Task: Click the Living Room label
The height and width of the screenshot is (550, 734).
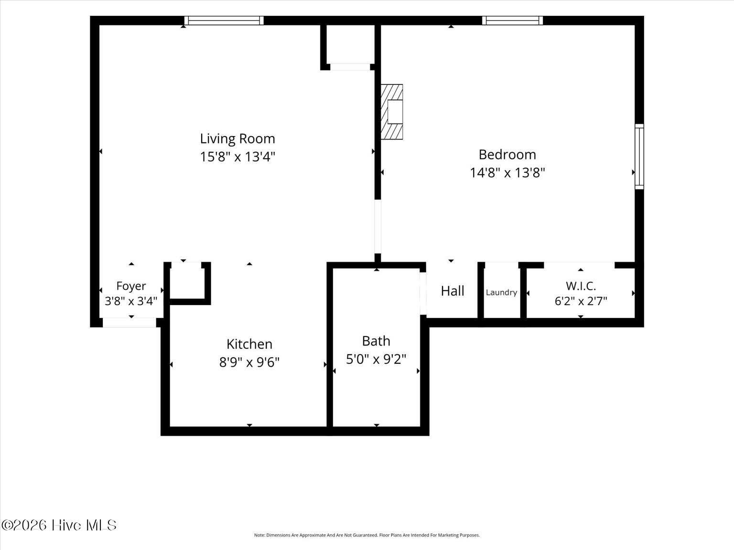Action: pyautogui.click(x=237, y=139)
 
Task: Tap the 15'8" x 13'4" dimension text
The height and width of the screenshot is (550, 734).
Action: pyautogui.click(x=237, y=157)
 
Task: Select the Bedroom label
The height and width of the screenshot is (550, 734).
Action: pyautogui.click(x=507, y=155)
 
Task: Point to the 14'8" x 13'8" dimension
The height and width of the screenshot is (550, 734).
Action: pyautogui.click(x=507, y=173)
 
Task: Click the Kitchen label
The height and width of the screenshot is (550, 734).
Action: pyautogui.click(x=249, y=344)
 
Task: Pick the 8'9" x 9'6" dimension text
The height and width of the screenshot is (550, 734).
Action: pyautogui.click(x=249, y=362)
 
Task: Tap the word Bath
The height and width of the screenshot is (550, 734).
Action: pyautogui.click(x=376, y=341)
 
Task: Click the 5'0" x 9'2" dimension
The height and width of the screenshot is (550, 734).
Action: pyautogui.click(x=376, y=360)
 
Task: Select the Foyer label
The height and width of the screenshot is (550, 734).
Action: pyautogui.click(x=131, y=286)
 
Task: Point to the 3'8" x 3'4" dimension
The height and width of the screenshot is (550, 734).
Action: pyautogui.click(x=131, y=301)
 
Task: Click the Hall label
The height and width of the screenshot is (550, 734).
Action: pyautogui.click(x=453, y=291)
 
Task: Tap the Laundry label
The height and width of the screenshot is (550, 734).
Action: pyautogui.click(x=502, y=293)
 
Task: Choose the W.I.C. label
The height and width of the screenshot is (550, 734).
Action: pyautogui.click(x=581, y=286)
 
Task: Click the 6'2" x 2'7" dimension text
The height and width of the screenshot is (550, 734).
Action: pyautogui.click(x=581, y=301)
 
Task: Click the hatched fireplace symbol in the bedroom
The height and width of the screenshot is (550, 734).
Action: pyautogui.click(x=392, y=112)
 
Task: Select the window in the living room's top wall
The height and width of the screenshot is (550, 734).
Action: pyautogui.click(x=224, y=21)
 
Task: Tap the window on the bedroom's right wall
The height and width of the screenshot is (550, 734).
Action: pyautogui.click(x=639, y=157)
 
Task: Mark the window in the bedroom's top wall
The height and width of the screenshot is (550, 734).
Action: pyautogui.click(x=513, y=21)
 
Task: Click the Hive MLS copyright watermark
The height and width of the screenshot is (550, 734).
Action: pyautogui.click(x=59, y=525)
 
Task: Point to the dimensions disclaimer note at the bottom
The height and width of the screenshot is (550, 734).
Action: pyautogui.click(x=367, y=535)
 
